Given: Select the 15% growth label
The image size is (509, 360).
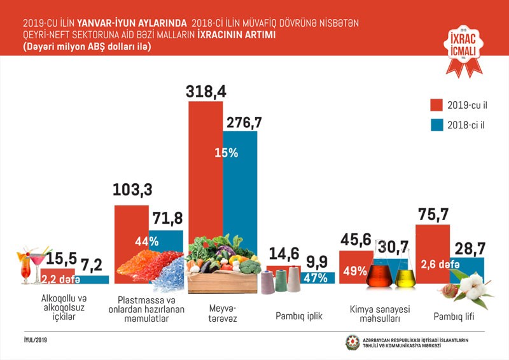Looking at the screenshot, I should tap(227, 153).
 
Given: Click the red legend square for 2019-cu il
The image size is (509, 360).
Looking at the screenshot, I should tap(436, 104).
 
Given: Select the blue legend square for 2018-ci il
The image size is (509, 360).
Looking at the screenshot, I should tap(436, 125).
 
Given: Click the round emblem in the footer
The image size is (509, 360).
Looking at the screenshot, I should tap(352, 342).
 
